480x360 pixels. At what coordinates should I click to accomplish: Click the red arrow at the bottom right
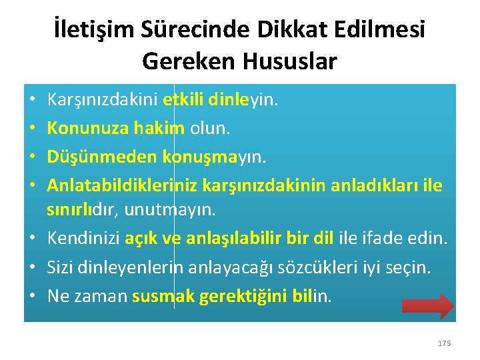pyautogui.click(x=428, y=306)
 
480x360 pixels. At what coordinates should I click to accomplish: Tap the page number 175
pyautogui.click(x=444, y=343)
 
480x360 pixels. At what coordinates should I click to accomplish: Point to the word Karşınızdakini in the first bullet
pyautogui.click(x=102, y=101)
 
